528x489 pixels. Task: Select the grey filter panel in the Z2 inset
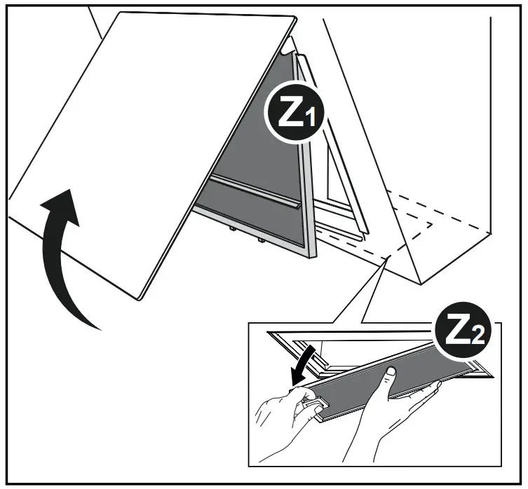(372, 385)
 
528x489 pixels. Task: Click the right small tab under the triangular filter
(260, 239)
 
